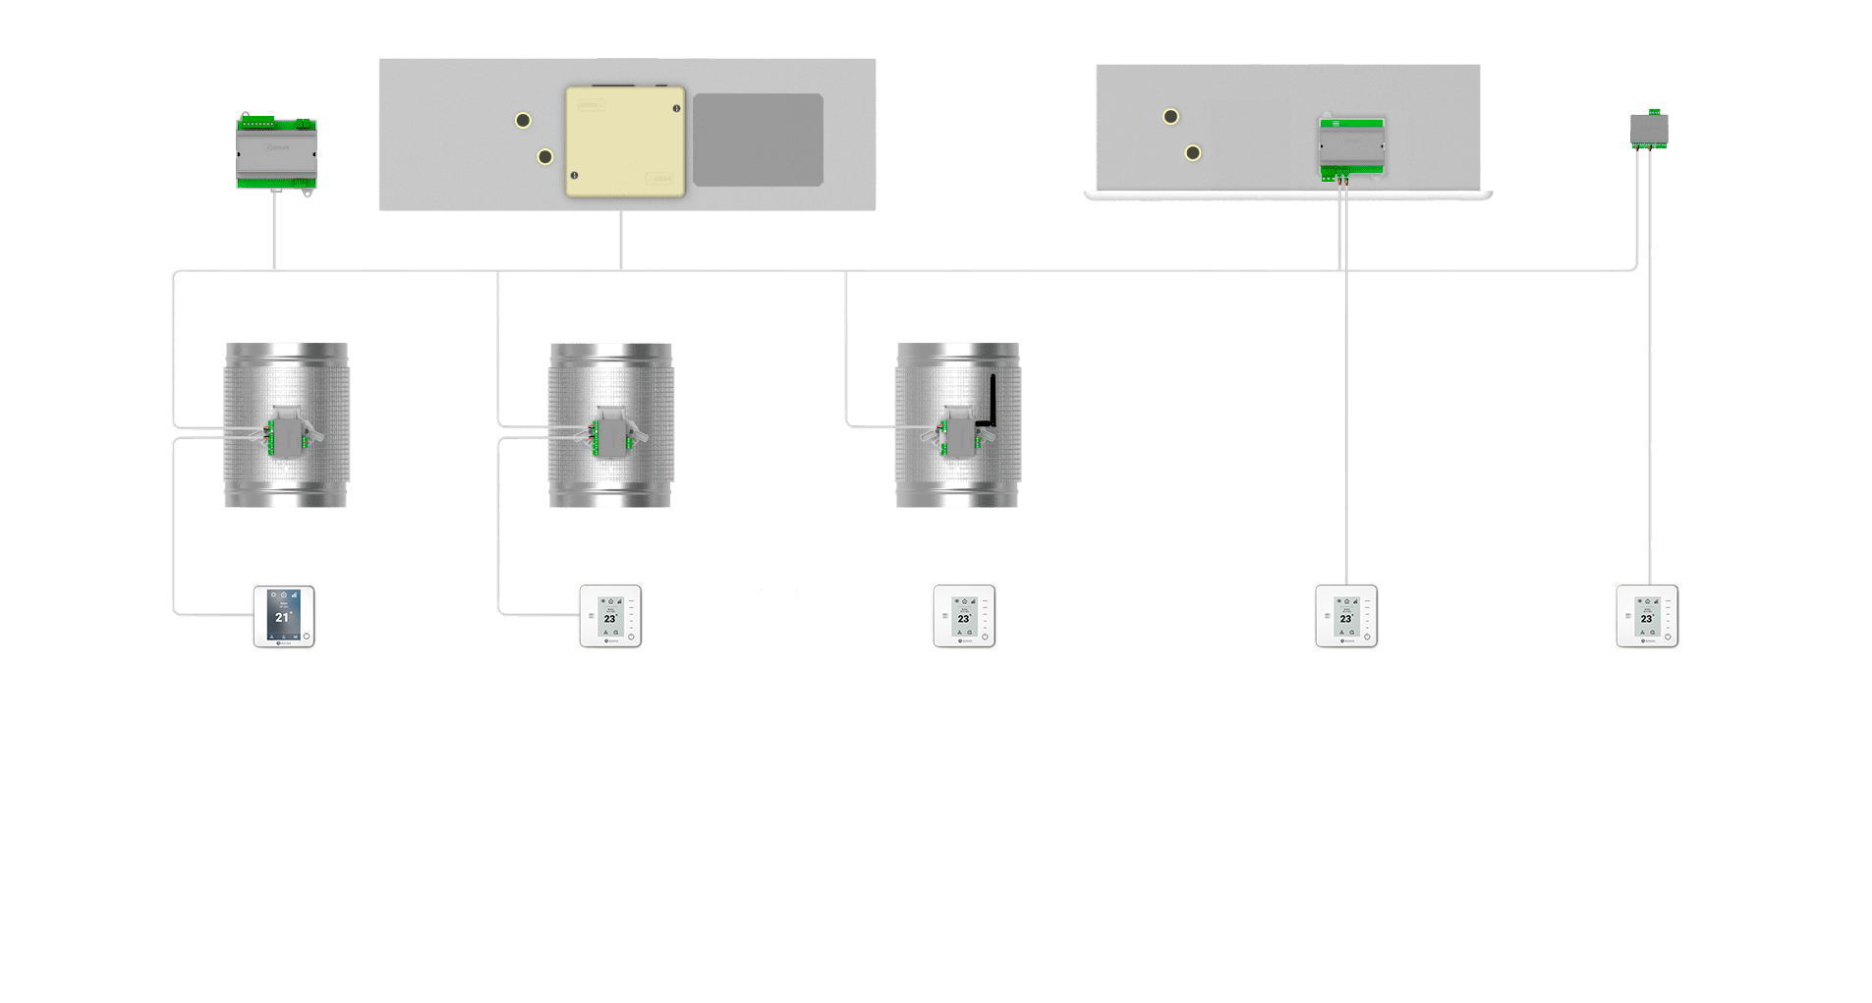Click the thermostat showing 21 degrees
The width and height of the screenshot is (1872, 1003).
coord(284,616)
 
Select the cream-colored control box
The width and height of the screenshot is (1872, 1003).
coord(625,141)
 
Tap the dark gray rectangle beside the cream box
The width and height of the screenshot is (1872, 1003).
coord(758,139)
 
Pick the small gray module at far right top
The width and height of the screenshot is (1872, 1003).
coord(1648,130)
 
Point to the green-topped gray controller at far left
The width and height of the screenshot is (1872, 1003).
coord(276,152)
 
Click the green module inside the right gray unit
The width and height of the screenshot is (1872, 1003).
coord(1351,148)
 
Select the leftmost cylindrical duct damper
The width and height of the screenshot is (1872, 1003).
coord(286,424)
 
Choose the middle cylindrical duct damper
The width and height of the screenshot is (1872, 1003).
coord(610,424)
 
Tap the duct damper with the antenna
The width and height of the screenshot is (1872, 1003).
coord(957,424)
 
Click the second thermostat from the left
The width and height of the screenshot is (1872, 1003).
coord(610,616)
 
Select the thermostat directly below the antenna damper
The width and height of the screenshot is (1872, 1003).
coord(963,616)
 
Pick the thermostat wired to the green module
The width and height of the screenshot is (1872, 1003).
coord(1346,616)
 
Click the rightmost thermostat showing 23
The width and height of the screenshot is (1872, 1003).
coord(1647,616)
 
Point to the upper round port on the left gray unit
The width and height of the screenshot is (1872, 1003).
coord(523,120)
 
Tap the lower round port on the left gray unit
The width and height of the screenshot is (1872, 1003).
coord(545,156)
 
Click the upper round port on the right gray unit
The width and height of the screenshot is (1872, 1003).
coord(1170,117)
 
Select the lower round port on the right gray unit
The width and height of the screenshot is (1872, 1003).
coord(1193,153)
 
